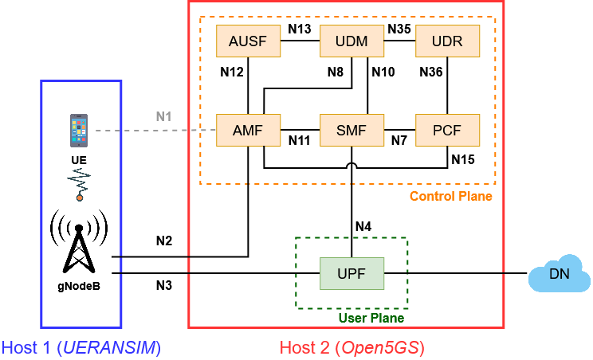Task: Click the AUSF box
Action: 249,41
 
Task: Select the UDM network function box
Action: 351,41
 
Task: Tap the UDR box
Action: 448,41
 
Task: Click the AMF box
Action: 249,130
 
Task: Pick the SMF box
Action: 351,130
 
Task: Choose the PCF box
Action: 448,130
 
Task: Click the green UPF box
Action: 351,273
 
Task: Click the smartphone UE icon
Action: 78,131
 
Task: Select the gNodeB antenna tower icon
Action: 79,240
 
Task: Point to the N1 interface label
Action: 164,116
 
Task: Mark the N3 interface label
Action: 165,284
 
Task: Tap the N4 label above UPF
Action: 363,226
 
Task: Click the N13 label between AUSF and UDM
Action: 299,29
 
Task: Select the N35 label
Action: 399,29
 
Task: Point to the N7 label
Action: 399,141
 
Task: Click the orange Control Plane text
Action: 450,196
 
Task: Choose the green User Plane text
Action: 372,318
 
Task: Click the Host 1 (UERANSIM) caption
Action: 81,347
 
